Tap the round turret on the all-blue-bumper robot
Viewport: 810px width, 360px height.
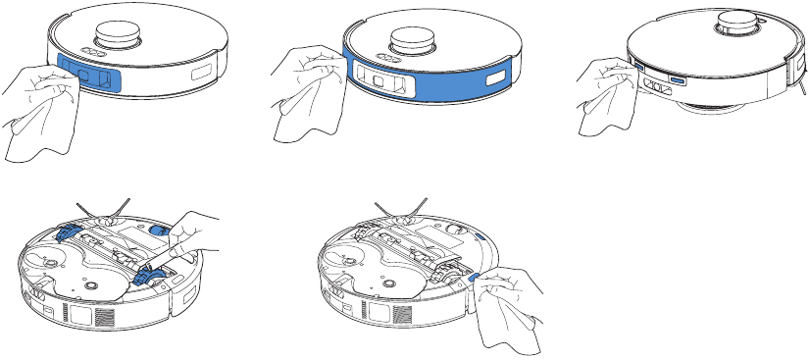(x=416, y=40)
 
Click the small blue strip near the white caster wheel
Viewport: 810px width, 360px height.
(x=481, y=236)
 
